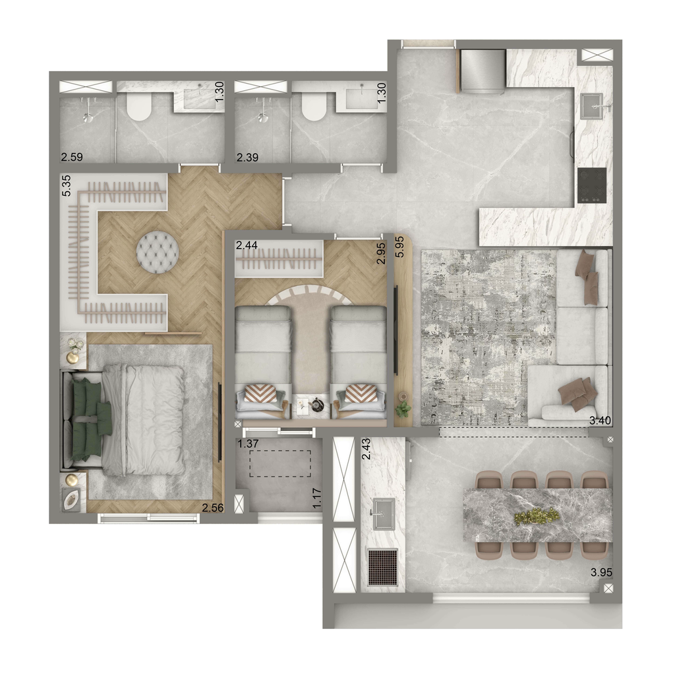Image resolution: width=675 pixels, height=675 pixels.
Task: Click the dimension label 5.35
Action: pos(67,186)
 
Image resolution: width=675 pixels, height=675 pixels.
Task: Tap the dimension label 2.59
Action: pos(72,157)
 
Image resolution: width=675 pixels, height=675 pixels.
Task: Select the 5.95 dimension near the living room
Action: pos(400,247)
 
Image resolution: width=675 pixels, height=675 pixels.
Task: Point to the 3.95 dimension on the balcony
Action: pos(601,573)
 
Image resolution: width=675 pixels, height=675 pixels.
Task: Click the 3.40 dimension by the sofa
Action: pos(600,421)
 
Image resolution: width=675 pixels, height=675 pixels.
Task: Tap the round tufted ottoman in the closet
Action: pos(158,252)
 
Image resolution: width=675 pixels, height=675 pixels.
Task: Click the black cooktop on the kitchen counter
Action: pos(592,185)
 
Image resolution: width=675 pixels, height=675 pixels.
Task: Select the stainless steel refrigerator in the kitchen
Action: pos(483,71)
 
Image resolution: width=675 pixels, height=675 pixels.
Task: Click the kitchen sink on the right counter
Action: pos(596,106)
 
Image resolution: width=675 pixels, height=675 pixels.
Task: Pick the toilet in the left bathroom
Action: pos(139,107)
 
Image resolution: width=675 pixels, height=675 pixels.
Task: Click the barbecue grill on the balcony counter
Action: pos(383,567)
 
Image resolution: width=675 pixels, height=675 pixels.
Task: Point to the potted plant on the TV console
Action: pos(403,409)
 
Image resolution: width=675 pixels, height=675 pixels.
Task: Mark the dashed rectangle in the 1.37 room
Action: pos(280,463)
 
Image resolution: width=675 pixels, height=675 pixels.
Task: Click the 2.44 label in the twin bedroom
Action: pos(247,245)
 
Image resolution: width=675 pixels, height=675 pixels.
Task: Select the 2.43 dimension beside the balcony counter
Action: pos(367,448)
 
